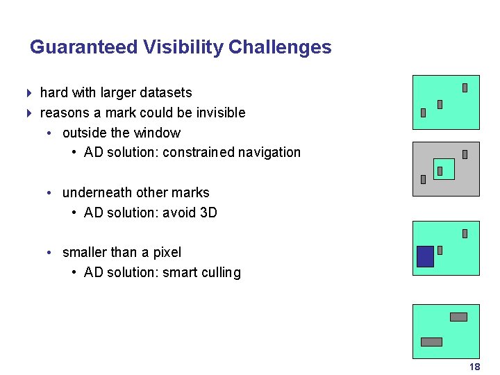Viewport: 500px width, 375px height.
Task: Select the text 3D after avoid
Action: (x=208, y=212)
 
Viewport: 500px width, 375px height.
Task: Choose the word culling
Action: (x=219, y=272)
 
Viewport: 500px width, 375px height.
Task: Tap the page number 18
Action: (x=474, y=367)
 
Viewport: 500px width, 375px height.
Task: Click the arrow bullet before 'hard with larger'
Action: (x=28, y=92)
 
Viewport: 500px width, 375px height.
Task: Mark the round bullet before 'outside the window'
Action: (x=51, y=133)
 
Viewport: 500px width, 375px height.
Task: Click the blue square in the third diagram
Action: (x=425, y=256)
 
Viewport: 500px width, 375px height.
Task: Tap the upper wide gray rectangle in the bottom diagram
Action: (x=458, y=317)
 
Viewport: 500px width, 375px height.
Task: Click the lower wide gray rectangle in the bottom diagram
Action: (x=431, y=342)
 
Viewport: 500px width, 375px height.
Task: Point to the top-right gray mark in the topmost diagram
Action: (x=465, y=88)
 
